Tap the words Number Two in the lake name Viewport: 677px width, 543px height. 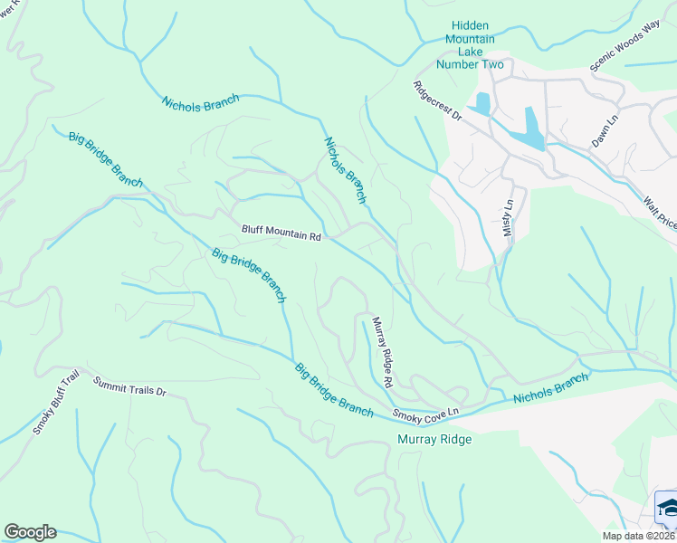(x=470, y=63)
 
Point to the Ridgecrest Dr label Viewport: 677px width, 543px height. (x=438, y=101)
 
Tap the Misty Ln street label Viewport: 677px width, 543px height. (x=508, y=218)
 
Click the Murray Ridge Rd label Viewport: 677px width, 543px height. (x=382, y=353)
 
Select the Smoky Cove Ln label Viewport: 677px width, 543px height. (x=426, y=414)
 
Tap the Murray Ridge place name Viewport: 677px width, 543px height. (x=434, y=440)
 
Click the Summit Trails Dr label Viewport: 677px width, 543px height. (x=130, y=386)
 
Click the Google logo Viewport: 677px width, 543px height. (x=30, y=532)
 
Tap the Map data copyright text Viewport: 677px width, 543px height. (x=639, y=536)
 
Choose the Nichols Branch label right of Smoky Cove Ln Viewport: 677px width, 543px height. (x=550, y=391)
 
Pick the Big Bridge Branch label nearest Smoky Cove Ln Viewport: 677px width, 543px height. (x=333, y=390)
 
